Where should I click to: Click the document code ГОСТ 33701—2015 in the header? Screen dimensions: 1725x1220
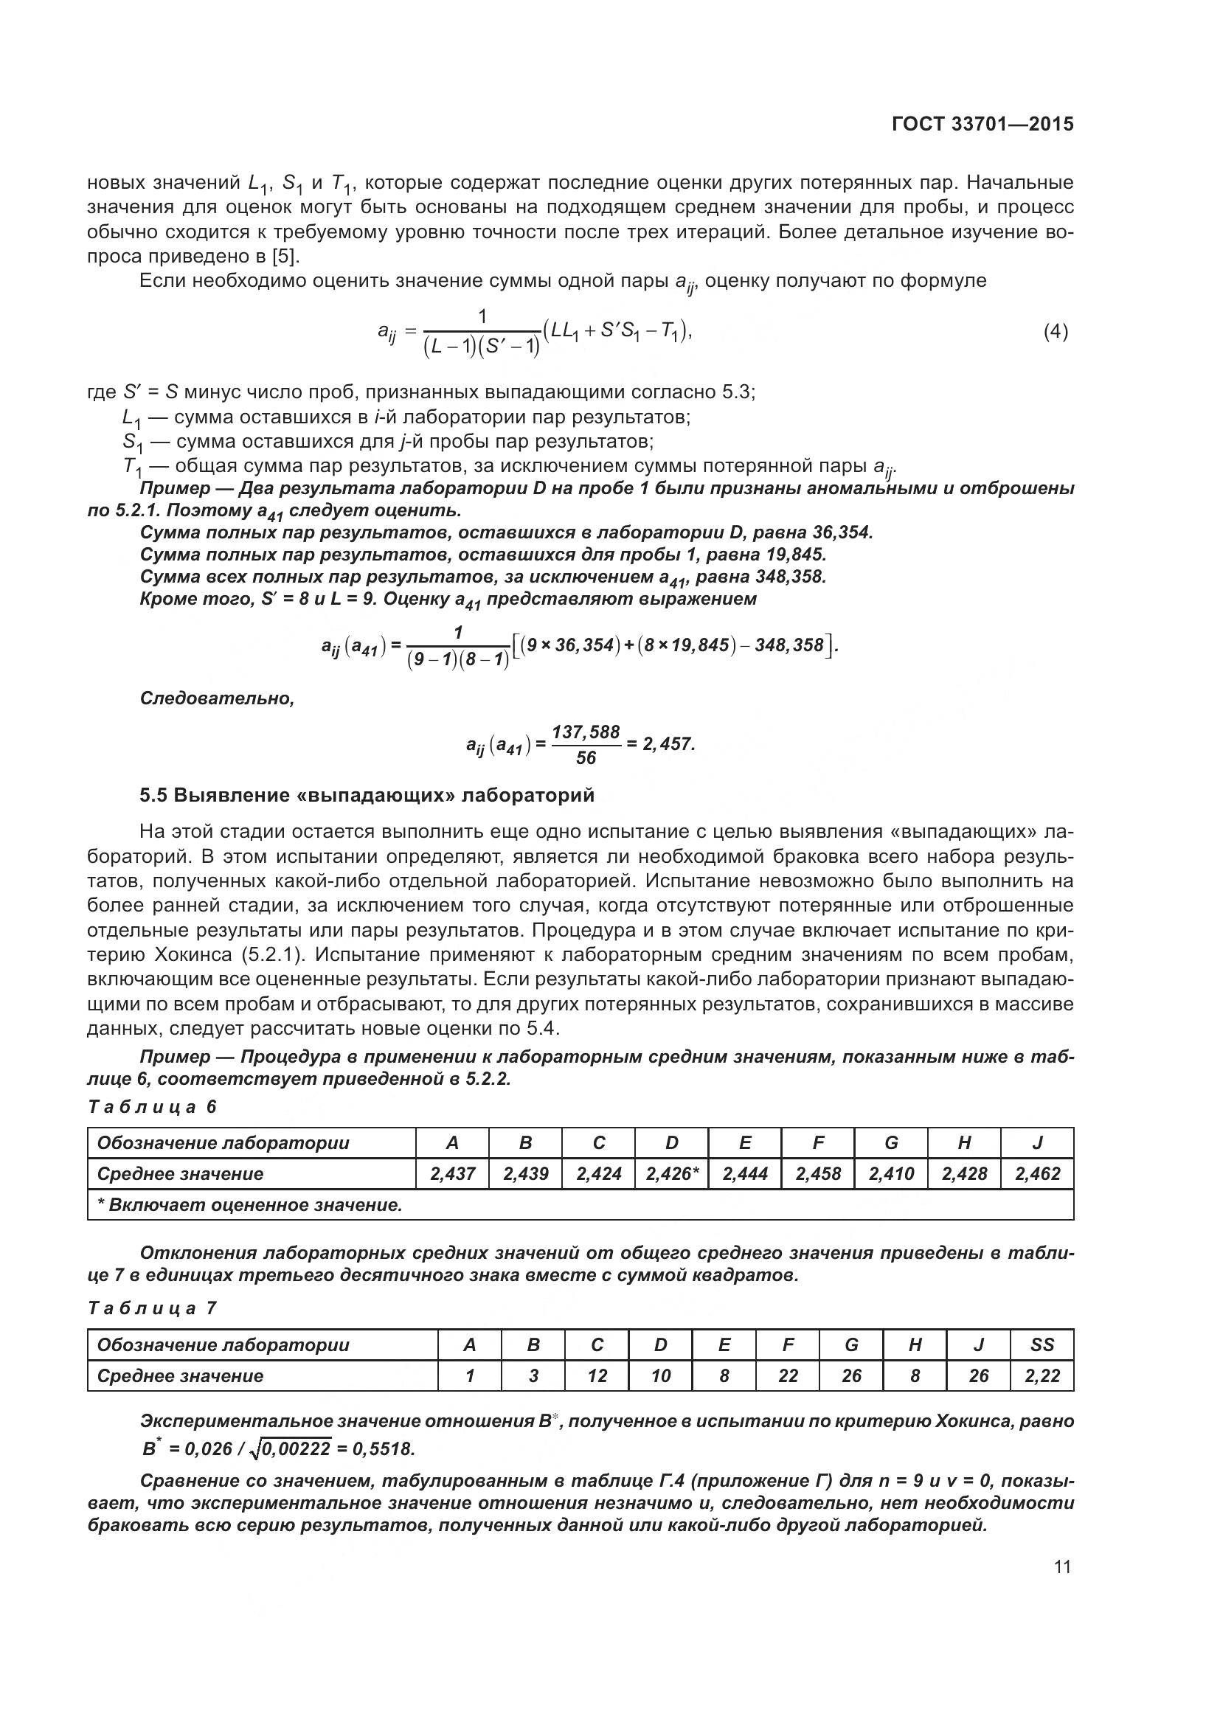tap(982, 124)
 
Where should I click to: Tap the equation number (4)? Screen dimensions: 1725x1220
tap(1056, 331)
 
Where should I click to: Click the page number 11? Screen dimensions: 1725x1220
tap(1062, 1567)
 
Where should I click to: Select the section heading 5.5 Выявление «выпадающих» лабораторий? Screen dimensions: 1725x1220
tap(367, 795)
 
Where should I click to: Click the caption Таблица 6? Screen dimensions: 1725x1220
tap(153, 1107)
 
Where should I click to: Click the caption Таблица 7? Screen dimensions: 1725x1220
tap(153, 1308)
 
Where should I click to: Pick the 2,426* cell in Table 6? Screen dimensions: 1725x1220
tap(672, 1173)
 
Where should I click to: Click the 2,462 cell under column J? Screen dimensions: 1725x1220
tap(1038, 1173)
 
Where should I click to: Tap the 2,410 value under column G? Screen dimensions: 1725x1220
tap(891, 1173)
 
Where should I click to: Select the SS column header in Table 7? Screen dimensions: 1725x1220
tap(1042, 1345)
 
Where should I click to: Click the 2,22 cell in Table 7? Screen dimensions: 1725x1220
tap(1042, 1375)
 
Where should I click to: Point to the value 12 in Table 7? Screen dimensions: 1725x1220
tap(597, 1375)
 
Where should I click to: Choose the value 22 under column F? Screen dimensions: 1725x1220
tap(788, 1375)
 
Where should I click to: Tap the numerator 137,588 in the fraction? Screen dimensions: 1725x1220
tap(586, 732)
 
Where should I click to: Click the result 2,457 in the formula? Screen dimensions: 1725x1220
tap(668, 744)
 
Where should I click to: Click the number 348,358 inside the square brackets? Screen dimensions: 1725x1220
tap(788, 645)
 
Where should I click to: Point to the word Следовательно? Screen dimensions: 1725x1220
tap(217, 698)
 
